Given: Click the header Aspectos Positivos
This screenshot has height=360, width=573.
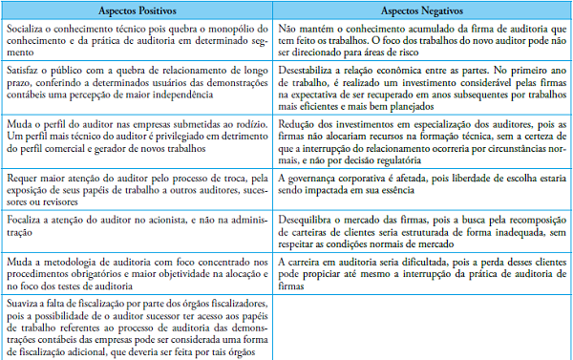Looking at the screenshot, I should [137, 9].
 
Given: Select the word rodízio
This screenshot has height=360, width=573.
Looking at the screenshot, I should [248, 123].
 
